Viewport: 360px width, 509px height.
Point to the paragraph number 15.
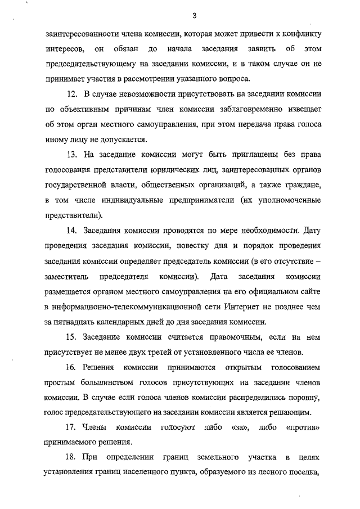71,337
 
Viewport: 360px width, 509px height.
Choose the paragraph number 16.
71,368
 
